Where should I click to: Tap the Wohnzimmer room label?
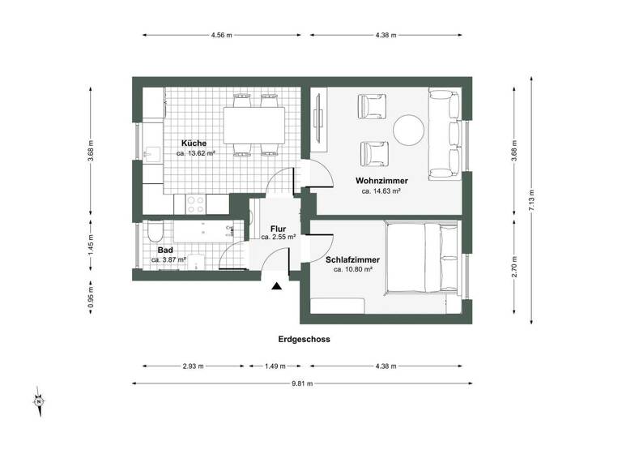point(381,180)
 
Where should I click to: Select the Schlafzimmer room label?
point(353,259)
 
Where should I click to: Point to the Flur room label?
point(278,229)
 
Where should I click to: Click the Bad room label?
point(165,251)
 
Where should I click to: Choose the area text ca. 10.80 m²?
point(353,270)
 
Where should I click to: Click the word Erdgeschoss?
point(301,340)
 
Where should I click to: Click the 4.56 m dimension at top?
point(220,36)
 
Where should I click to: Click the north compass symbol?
point(38,400)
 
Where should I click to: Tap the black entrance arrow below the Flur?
point(278,285)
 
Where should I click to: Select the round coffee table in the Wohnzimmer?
point(409,129)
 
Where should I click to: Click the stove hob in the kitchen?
point(196,203)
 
